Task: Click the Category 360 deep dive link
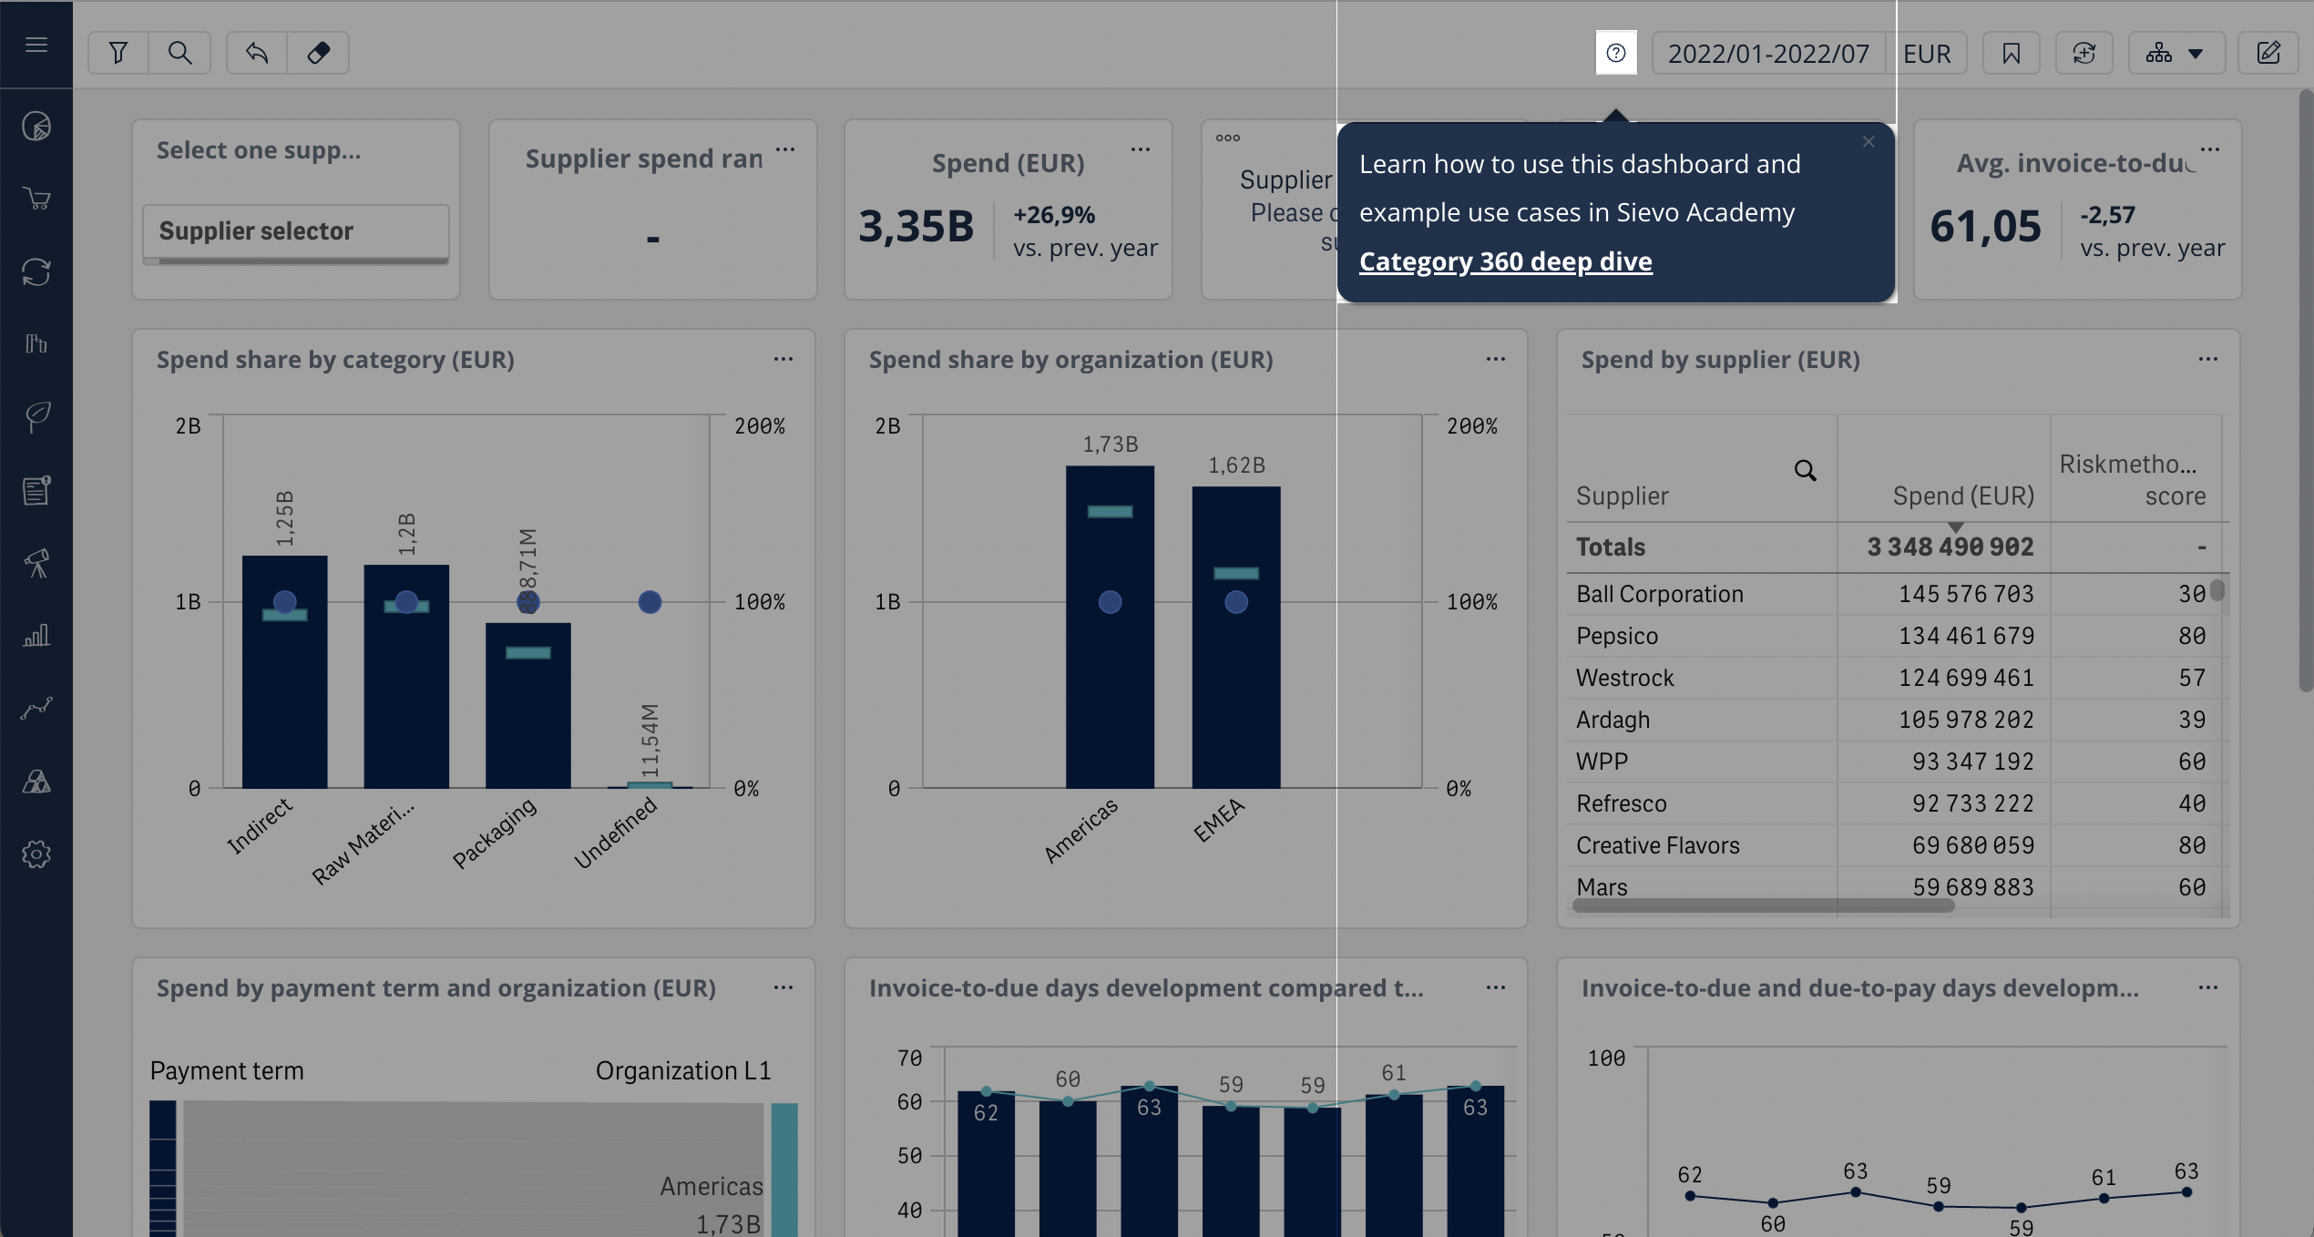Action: tap(1505, 261)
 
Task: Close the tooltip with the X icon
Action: tap(1869, 142)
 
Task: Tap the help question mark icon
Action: tap(1616, 53)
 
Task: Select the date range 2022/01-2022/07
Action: tap(1768, 54)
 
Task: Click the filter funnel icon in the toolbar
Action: tap(118, 53)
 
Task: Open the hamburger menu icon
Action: tap(36, 45)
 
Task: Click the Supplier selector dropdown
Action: tap(295, 231)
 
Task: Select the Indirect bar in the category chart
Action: tap(284, 674)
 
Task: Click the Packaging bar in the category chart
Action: tap(527, 706)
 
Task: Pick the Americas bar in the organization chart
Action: tap(1110, 629)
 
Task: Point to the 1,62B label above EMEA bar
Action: tap(1236, 465)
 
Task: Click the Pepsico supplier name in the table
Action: tap(1617, 636)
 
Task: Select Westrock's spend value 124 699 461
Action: tap(1966, 678)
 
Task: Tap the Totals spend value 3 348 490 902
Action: tap(1950, 547)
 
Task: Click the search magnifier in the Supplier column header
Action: tap(1805, 471)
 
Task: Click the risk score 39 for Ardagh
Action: tap(2191, 720)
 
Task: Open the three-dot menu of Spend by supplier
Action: tap(2207, 360)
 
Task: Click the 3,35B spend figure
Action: tap(916, 227)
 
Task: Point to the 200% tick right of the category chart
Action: tap(759, 426)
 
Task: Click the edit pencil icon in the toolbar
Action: tap(2268, 53)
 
